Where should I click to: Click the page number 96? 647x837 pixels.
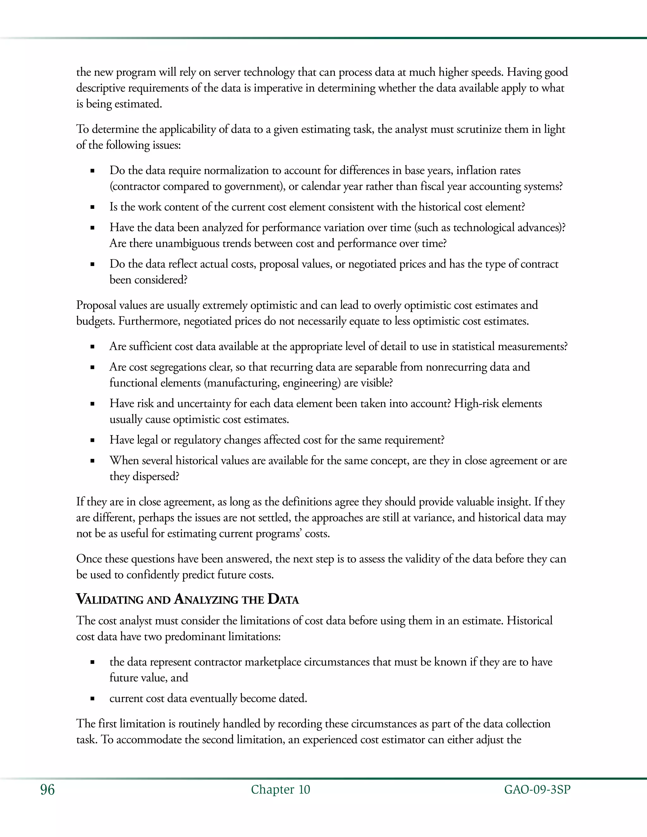tap(47, 790)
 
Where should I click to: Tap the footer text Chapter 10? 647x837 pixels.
tap(280, 790)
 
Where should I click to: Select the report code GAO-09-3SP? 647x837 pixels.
tap(537, 790)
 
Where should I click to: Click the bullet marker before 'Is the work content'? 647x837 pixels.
tap(92, 207)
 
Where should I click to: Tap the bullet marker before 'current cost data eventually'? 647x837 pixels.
tap(92, 699)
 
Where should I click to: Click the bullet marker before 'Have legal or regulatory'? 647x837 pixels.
tap(92, 440)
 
